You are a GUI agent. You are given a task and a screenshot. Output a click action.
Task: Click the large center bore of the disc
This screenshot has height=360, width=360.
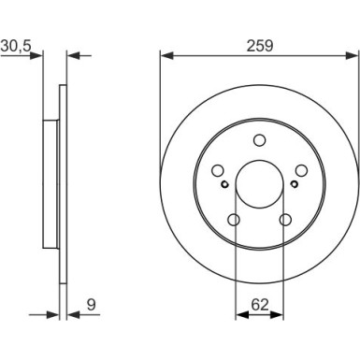[259, 183]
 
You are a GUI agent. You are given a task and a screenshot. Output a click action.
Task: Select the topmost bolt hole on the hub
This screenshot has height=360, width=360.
[259, 141]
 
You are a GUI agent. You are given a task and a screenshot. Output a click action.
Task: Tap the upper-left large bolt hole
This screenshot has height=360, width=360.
[218, 171]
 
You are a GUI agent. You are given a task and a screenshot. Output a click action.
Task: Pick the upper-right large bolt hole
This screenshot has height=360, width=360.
[300, 171]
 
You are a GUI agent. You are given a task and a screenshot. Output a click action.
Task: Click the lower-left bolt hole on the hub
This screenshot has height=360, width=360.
[234, 220]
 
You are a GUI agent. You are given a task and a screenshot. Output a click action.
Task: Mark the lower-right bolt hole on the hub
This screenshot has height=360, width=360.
[284, 220]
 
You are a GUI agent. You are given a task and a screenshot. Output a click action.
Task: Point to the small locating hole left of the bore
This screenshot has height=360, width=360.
[225, 184]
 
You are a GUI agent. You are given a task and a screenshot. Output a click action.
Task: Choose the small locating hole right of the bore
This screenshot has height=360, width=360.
[293, 184]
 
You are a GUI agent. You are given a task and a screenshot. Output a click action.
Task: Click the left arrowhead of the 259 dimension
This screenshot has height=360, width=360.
[166, 56]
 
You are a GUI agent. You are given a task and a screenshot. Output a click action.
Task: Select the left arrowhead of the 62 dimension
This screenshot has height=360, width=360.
[238, 314]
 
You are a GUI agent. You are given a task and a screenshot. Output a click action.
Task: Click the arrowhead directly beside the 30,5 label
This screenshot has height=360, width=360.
[38, 56]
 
